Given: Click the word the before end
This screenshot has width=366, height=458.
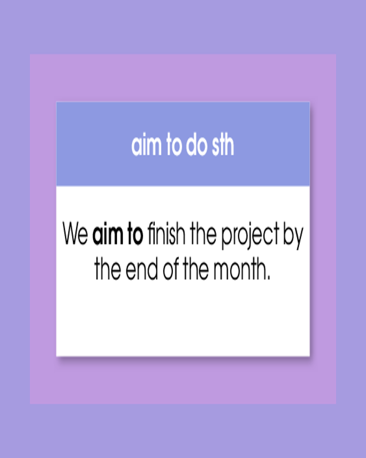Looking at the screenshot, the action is click(x=108, y=269).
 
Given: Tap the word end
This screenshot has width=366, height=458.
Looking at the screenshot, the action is click(x=142, y=269).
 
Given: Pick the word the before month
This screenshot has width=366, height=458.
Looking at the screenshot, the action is click(x=196, y=269).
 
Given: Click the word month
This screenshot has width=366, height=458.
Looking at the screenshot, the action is click(x=239, y=269).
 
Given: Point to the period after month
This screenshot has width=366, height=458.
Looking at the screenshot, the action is click(x=269, y=278).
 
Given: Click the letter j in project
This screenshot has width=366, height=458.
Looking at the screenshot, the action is click(x=249, y=236).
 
